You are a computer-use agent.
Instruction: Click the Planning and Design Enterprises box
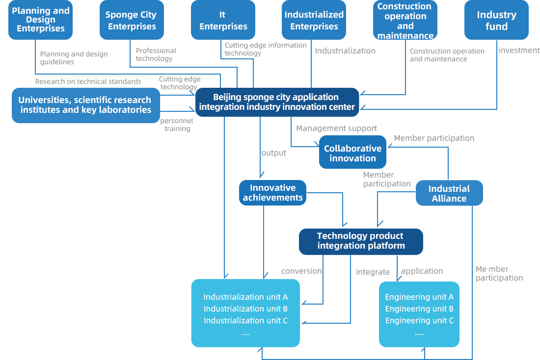[41, 20]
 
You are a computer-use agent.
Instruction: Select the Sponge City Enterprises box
[132, 20]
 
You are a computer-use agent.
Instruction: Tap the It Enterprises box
[223, 20]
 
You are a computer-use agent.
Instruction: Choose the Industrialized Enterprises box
[314, 20]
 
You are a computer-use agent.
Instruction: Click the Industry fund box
[496, 20]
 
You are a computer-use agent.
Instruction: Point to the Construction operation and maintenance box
[405, 20]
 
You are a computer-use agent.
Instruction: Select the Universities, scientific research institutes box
[86, 105]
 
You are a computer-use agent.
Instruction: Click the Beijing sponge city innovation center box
[277, 102]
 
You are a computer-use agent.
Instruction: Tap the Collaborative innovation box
[352, 152]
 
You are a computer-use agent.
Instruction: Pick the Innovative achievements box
[273, 193]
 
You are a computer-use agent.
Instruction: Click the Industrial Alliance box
[449, 193]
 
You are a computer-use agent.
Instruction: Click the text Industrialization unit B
[245, 309]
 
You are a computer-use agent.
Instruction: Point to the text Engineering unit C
[419, 320]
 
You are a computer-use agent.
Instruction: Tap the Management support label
[336, 129]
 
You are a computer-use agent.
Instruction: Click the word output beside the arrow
[274, 153]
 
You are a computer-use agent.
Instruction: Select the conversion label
[302, 271]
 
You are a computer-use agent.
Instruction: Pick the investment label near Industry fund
[519, 50]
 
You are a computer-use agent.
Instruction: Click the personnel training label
[177, 125]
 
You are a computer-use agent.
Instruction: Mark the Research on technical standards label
[88, 81]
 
